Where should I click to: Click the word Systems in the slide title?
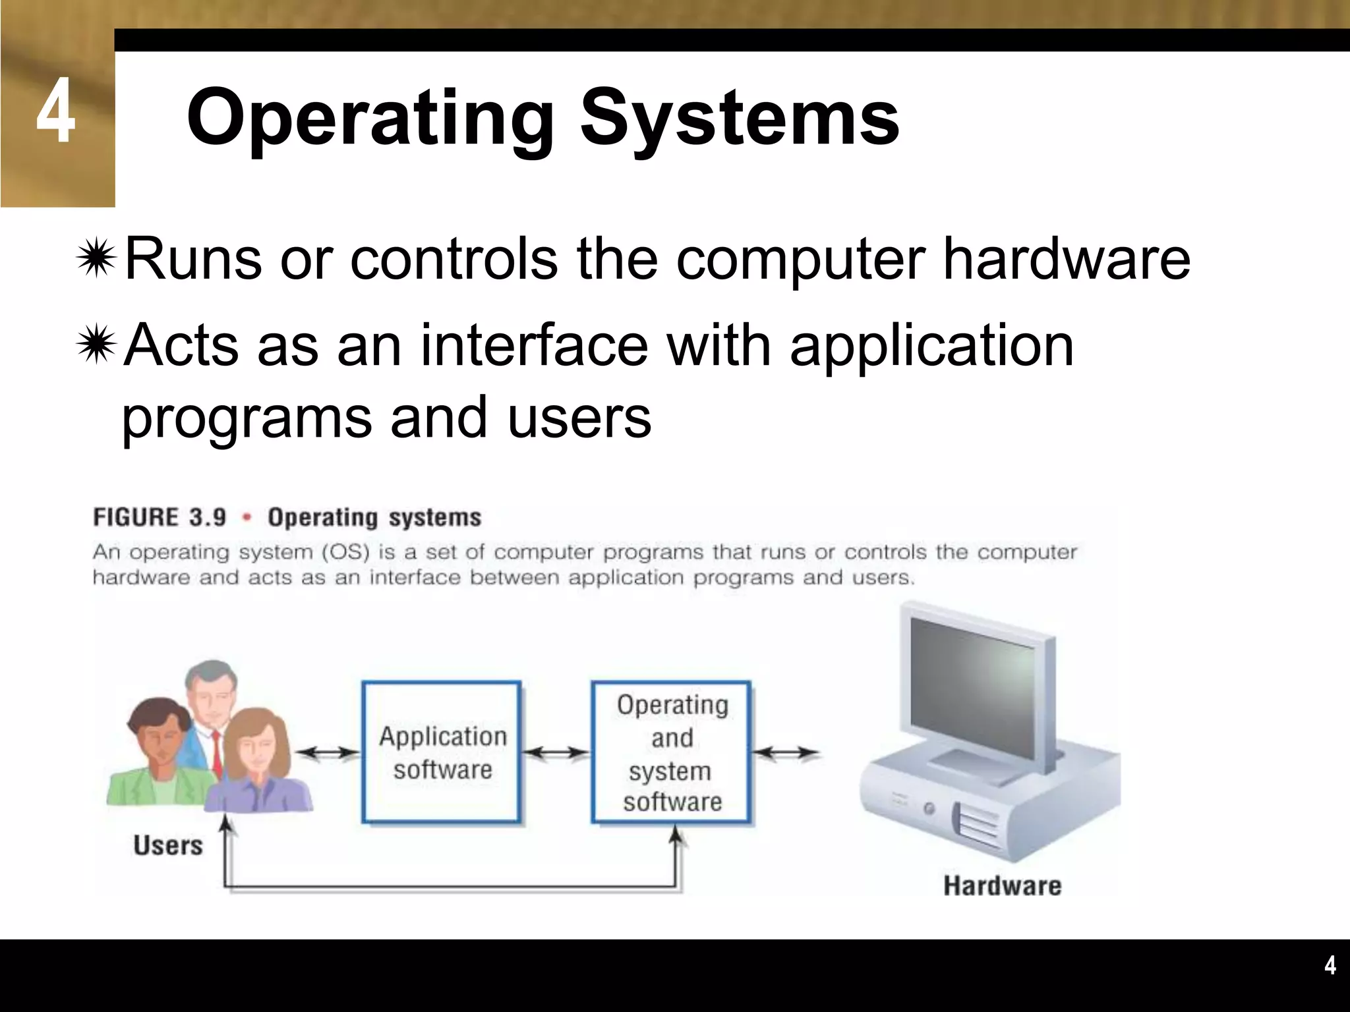(x=739, y=119)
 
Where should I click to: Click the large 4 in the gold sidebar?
(x=55, y=111)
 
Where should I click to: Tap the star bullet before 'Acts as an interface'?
(x=96, y=344)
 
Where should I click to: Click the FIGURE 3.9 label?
(x=160, y=517)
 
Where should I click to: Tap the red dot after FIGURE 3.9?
(x=247, y=518)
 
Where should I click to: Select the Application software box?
(x=442, y=752)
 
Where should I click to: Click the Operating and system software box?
(x=671, y=752)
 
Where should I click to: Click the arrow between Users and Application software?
(x=326, y=752)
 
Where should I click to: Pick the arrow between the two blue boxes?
(x=556, y=752)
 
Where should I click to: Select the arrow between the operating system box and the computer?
(x=786, y=752)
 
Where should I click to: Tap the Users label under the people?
(x=167, y=845)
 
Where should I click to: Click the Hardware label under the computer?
(x=1002, y=886)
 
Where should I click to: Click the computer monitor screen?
(x=973, y=692)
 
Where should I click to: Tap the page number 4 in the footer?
(x=1330, y=966)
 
